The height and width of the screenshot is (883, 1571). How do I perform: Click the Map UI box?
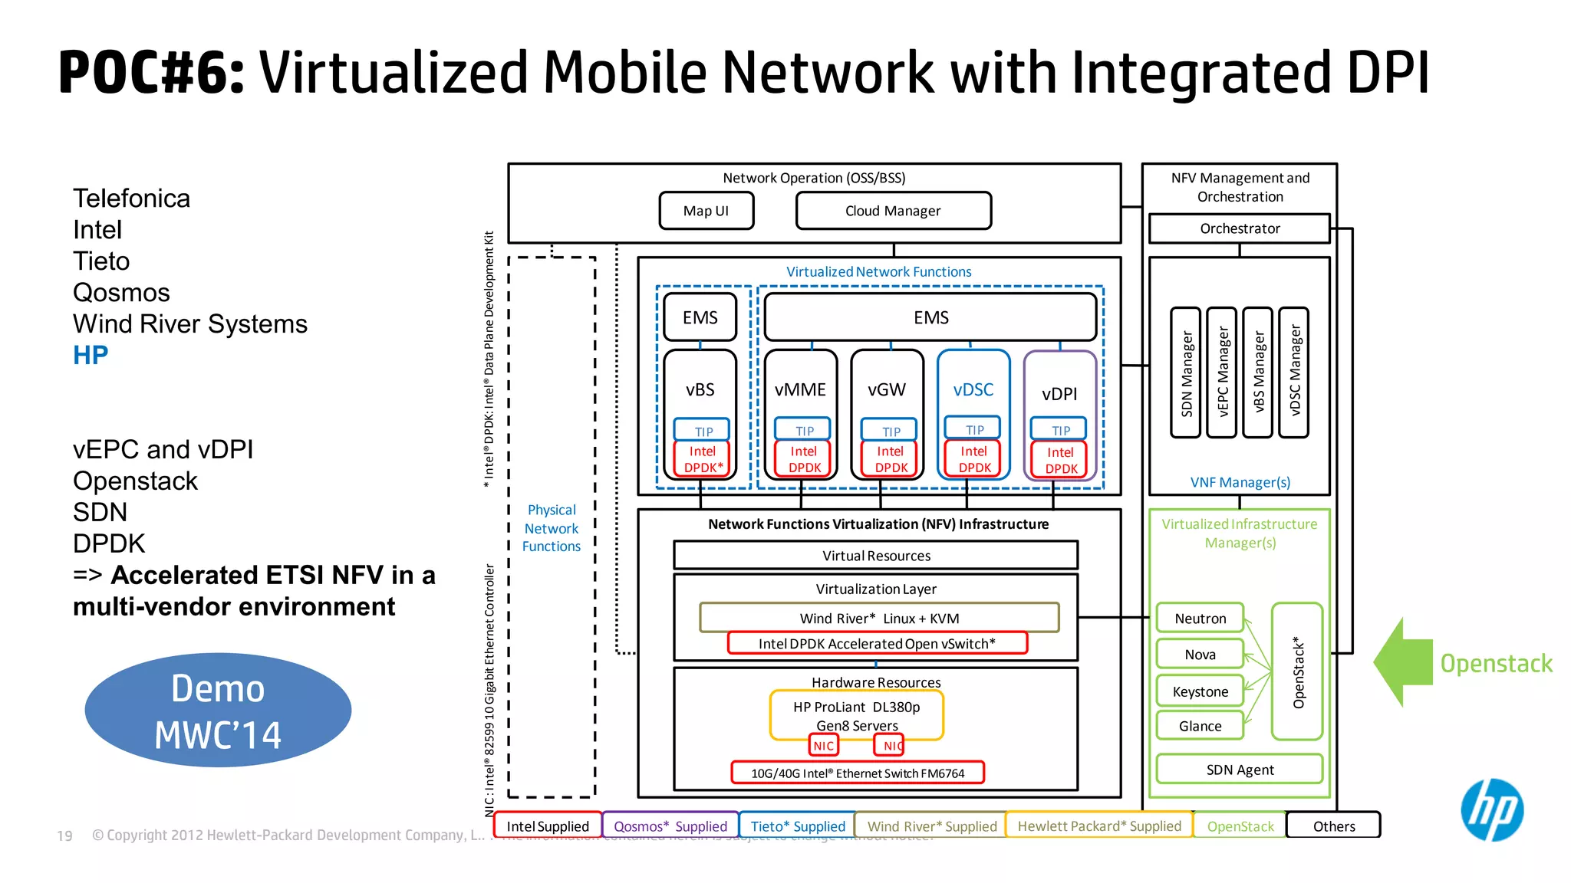click(x=706, y=211)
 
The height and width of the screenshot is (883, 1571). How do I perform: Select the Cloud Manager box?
click(x=893, y=211)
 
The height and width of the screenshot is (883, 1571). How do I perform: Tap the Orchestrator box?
click(x=1239, y=228)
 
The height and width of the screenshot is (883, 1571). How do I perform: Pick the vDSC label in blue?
click(x=973, y=389)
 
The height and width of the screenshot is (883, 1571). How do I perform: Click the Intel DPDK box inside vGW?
click(x=890, y=459)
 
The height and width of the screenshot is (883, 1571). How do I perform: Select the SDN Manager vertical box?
click(x=1186, y=373)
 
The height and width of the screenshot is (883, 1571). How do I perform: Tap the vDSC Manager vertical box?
click(x=1294, y=373)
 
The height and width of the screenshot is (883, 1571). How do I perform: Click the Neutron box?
click(x=1200, y=618)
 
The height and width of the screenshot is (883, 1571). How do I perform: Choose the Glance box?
click(x=1200, y=725)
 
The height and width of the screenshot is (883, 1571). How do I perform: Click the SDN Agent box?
click(x=1239, y=769)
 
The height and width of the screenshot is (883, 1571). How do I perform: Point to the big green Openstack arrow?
click(x=1405, y=661)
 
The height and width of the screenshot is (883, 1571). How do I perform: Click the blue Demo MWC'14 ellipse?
click(x=218, y=711)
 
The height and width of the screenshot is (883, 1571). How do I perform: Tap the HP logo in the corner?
click(x=1491, y=809)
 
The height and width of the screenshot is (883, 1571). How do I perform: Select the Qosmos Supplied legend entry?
click(x=670, y=826)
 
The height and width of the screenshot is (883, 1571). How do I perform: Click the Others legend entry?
click(x=1333, y=826)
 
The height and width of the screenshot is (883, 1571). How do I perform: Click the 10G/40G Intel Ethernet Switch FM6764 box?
click(x=857, y=773)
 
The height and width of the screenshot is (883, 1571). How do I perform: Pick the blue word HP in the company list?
click(x=91, y=355)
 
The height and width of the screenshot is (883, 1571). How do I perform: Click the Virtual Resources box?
click(x=875, y=556)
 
